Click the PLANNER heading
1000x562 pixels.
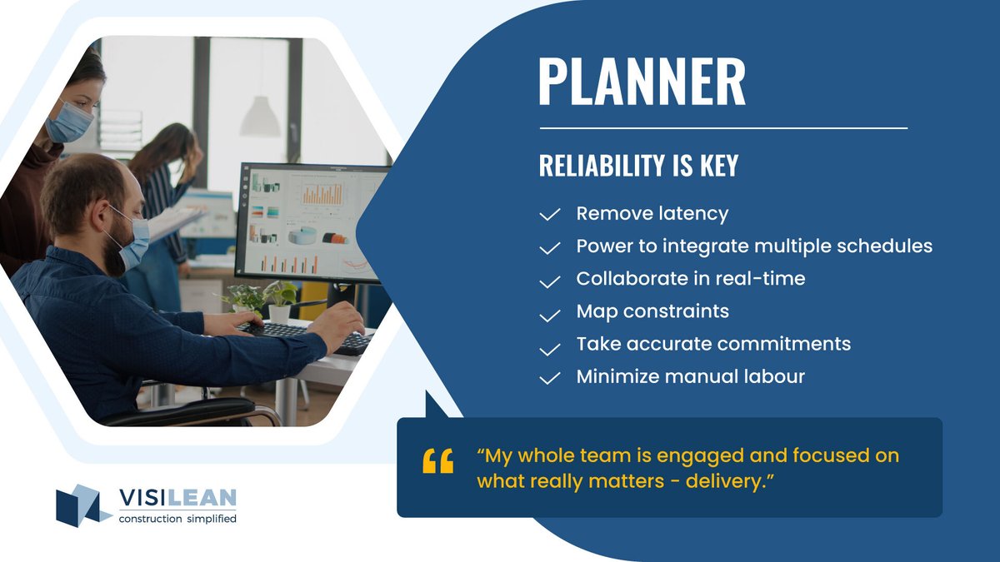642,81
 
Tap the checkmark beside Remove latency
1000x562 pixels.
549,215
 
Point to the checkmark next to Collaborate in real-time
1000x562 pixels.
549,281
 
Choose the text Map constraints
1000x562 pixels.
652,311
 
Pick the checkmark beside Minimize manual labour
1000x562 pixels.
549,378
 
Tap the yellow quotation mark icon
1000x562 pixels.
438,460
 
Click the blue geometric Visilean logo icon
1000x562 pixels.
82,505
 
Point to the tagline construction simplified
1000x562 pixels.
177,519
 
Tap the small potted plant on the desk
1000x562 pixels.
279,300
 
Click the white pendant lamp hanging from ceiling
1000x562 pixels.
260,117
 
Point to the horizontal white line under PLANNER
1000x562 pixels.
723,128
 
